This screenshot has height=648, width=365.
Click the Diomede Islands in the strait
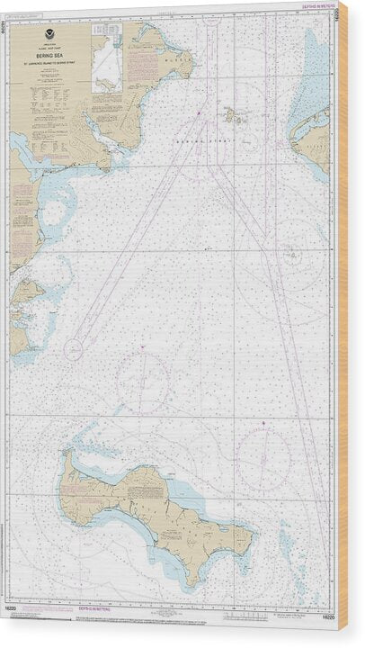pos(232,113)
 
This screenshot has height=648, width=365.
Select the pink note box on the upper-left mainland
pos(138,65)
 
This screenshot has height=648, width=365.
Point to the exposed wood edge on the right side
pos(343,324)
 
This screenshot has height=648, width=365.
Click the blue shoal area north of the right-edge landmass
pos(317,72)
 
